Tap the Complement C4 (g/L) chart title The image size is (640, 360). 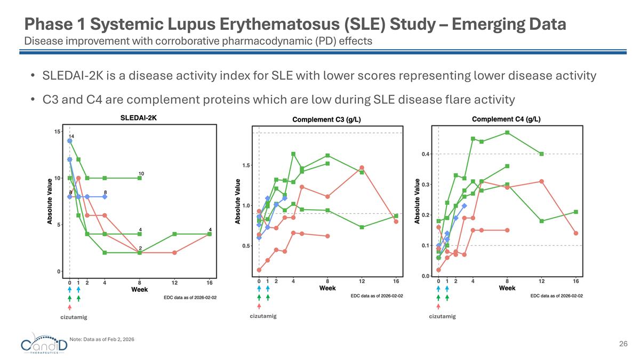507,119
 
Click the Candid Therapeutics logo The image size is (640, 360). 45,345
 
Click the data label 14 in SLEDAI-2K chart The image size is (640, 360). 71,137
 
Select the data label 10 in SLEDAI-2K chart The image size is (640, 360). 141,173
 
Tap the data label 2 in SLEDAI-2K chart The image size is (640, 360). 140,249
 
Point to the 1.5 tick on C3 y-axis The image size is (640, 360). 247,165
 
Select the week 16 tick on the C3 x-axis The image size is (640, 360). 396,282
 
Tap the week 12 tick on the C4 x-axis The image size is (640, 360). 541,282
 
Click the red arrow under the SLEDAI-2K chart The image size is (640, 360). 69,307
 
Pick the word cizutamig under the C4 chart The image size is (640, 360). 443,316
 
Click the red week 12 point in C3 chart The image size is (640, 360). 362,168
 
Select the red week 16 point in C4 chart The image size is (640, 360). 576,233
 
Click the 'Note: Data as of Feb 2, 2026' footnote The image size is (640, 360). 102,340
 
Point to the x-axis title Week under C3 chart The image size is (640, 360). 327,289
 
